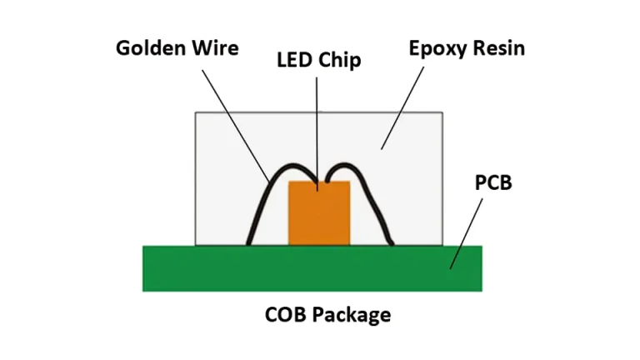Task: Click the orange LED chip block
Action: click(318, 218)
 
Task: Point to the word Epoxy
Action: click(438, 47)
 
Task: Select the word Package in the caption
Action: click(352, 316)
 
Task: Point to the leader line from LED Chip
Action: click(317, 125)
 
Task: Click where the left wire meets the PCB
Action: click(248, 244)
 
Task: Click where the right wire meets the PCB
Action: click(392, 243)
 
